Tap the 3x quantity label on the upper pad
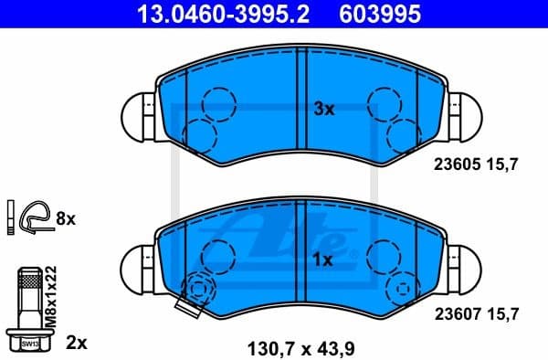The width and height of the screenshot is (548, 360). pyautogui.click(x=325, y=109)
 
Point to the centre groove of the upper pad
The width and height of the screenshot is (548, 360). pyautogui.click(x=302, y=109)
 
